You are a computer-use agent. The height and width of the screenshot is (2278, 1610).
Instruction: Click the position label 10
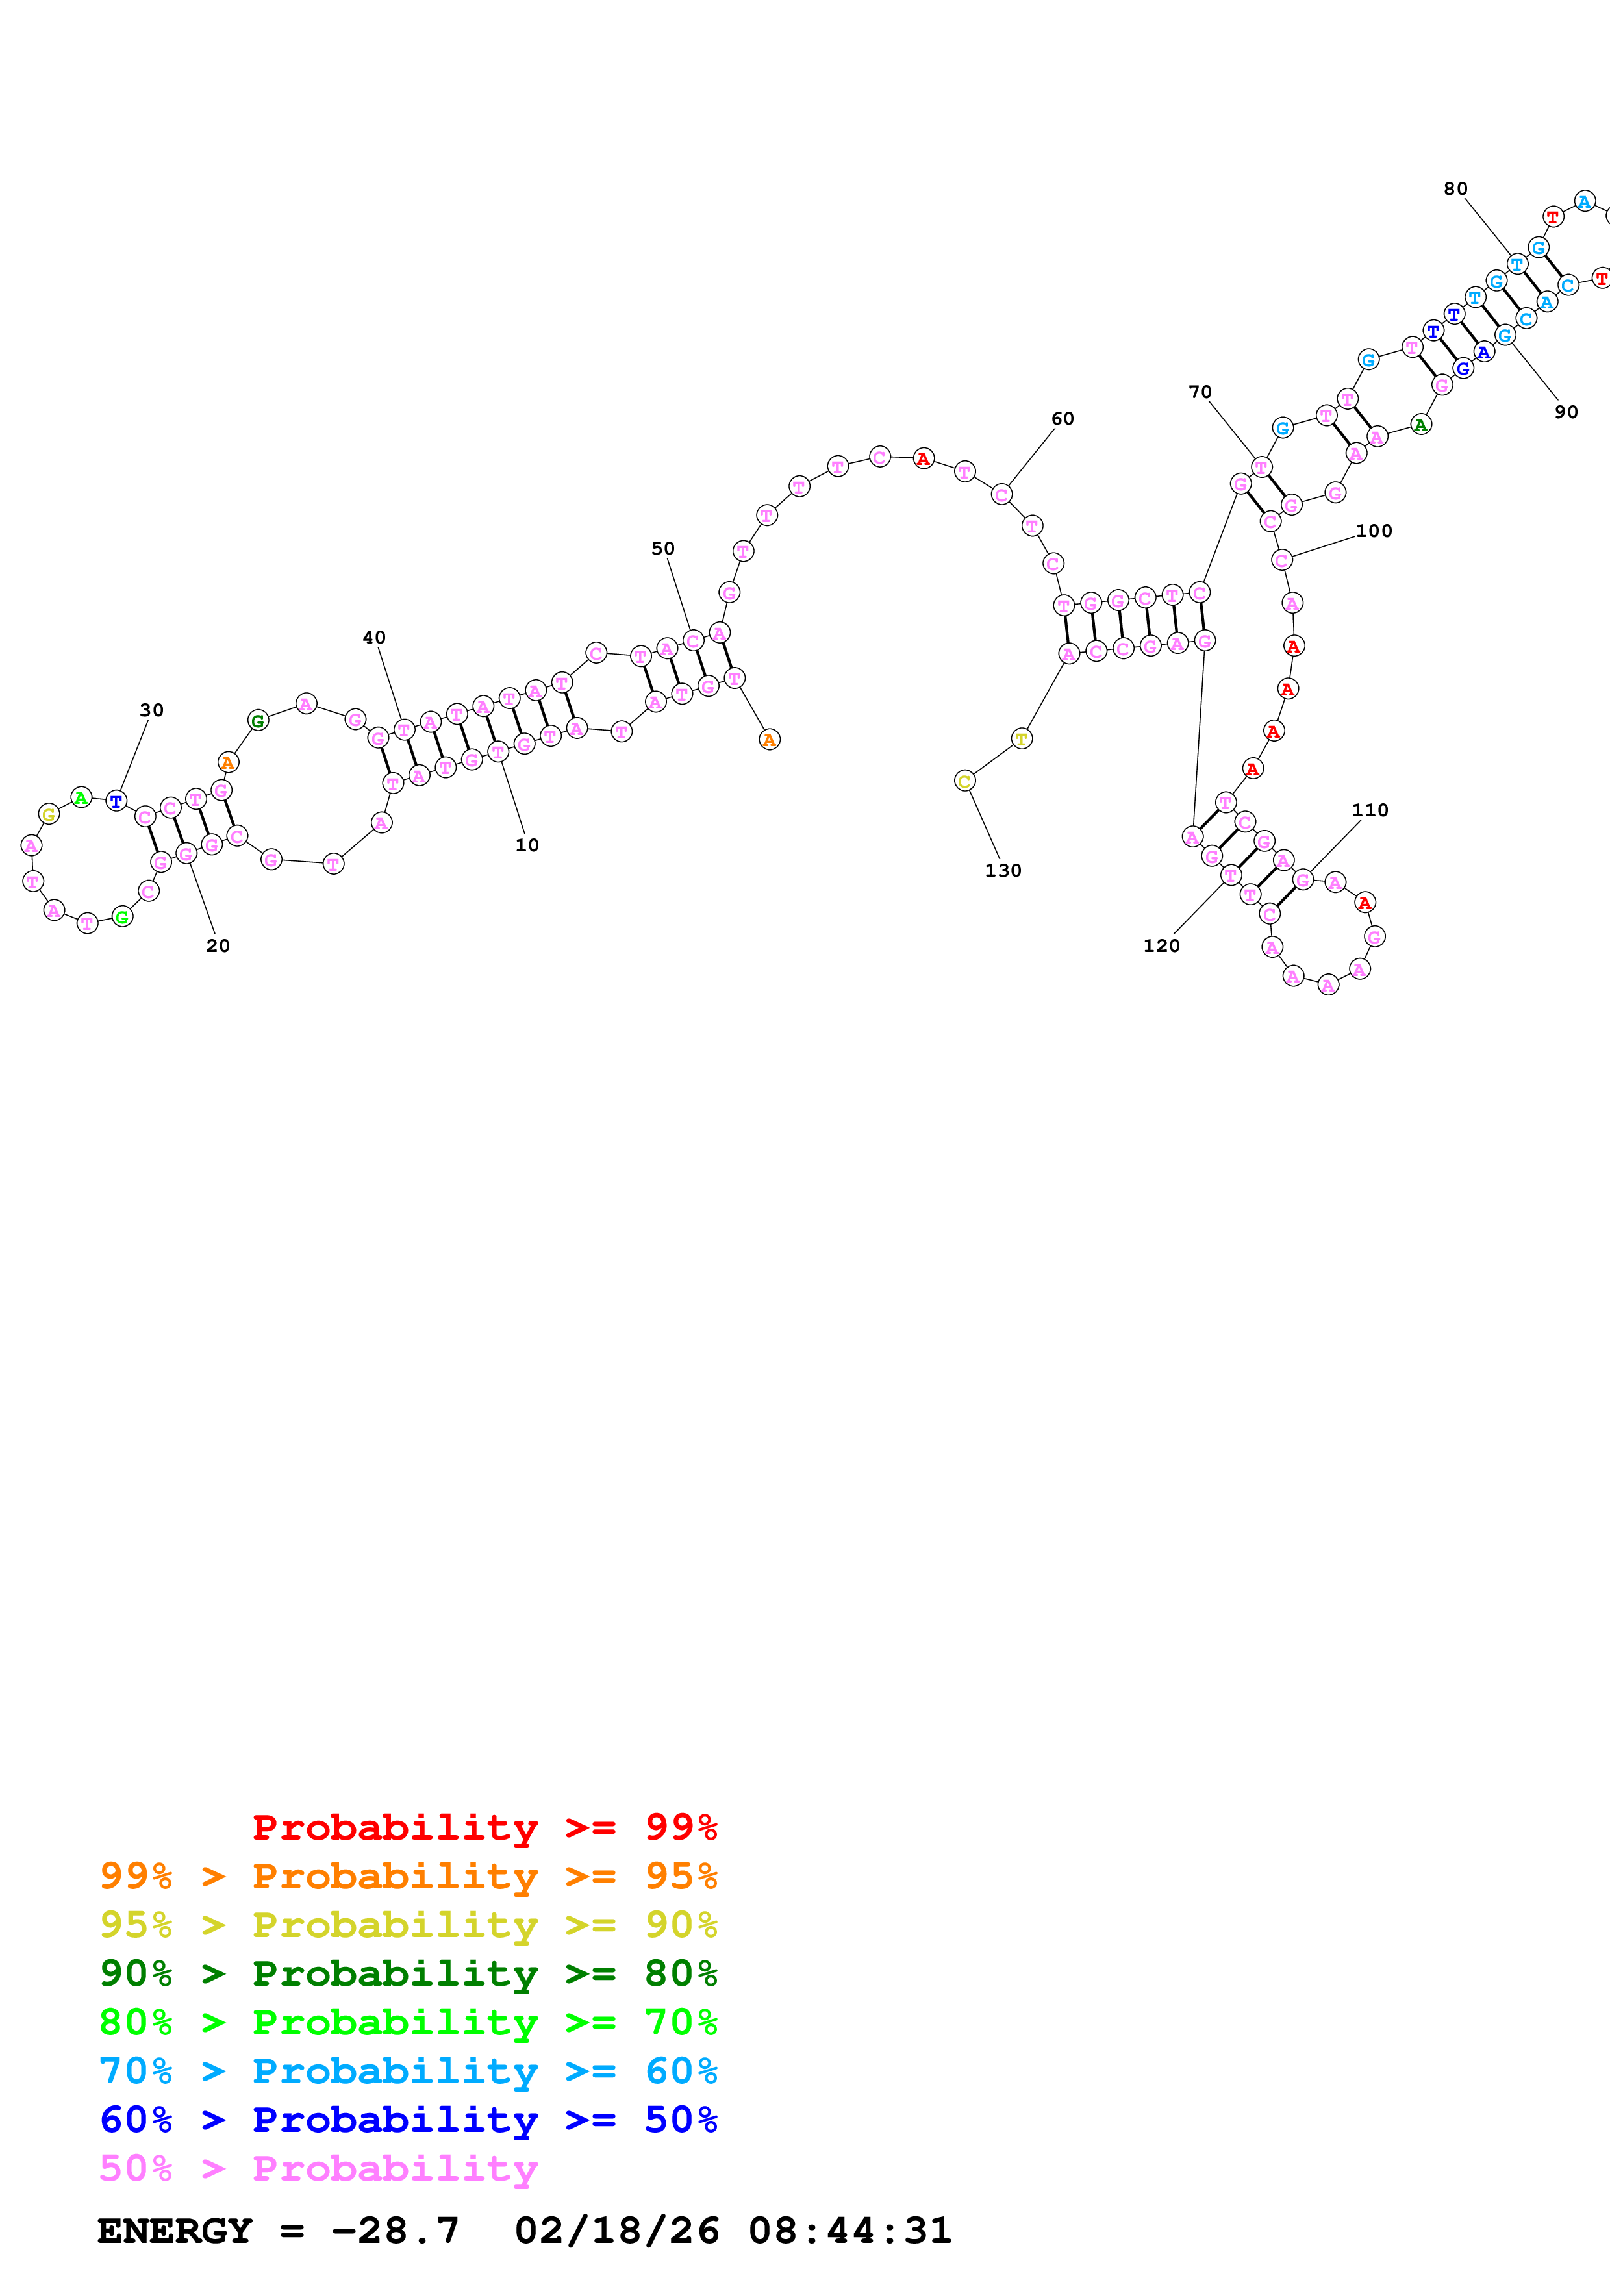click(x=527, y=845)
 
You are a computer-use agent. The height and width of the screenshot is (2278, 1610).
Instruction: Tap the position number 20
click(x=218, y=945)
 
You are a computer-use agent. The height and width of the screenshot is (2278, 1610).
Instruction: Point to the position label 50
click(x=662, y=549)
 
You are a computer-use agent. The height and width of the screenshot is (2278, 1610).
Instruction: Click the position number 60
click(x=1063, y=419)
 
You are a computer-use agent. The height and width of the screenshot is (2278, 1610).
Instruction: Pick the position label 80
click(x=1455, y=188)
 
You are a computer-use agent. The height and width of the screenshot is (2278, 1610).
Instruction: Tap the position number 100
click(x=1374, y=531)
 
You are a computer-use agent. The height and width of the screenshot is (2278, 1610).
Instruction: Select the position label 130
click(x=1003, y=870)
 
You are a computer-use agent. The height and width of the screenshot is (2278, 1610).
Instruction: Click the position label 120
click(x=1162, y=945)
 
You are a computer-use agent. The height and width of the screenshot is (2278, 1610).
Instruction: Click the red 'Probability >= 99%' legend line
click(x=484, y=1827)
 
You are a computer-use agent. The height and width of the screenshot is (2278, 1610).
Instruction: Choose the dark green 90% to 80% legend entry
click(x=408, y=1972)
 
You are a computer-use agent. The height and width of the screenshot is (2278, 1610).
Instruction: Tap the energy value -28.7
click(x=395, y=2231)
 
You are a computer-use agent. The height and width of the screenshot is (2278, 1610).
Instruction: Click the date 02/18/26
click(x=617, y=2231)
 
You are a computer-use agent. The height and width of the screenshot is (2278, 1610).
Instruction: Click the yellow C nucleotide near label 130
click(x=964, y=781)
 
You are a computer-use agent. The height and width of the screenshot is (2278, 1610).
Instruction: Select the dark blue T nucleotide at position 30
click(x=116, y=801)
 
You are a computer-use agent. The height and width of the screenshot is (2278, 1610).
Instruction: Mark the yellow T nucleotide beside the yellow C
click(x=1022, y=738)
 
